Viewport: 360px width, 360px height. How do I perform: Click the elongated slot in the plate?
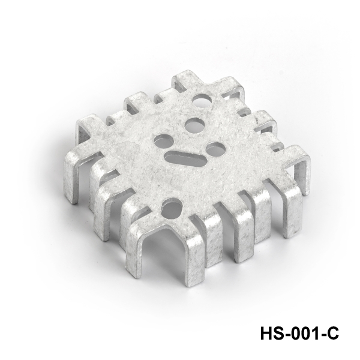(x=185, y=158)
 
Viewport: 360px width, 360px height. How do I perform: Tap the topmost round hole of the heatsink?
(x=202, y=100)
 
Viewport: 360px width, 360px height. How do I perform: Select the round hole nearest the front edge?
(x=172, y=208)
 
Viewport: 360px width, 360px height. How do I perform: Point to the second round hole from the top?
(x=194, y=125)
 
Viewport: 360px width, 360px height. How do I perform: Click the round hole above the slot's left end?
(x=164, y=141)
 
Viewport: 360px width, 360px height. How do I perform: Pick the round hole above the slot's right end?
(x=215, y=149)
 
